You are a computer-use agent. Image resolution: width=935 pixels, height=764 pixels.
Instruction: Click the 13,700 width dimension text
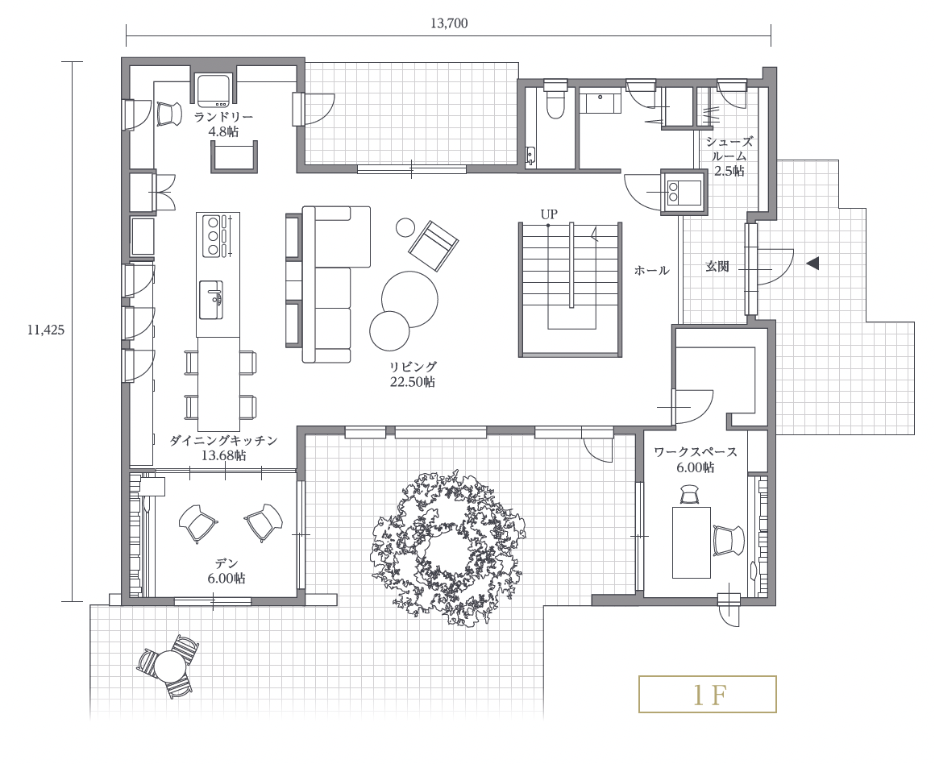448,23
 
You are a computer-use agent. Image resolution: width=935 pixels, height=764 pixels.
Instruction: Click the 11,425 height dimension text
45,330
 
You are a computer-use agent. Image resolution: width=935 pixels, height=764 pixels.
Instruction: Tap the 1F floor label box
707,694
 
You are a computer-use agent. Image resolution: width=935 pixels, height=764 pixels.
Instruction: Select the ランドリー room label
223,117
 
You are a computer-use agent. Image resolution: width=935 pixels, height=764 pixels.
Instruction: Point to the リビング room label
413,367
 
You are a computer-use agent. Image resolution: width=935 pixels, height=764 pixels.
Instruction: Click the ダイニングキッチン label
223,440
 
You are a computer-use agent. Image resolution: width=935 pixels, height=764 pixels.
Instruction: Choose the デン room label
226,563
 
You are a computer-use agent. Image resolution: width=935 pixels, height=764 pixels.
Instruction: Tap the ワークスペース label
696,452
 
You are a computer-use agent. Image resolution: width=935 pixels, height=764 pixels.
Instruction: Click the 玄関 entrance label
717,266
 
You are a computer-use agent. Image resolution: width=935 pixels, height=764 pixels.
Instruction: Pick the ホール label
651,270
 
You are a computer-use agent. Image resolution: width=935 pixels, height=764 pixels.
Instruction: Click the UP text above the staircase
549,214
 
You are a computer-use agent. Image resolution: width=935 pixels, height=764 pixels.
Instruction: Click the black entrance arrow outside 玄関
812,263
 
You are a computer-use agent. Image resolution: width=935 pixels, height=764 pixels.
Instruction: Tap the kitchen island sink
211,300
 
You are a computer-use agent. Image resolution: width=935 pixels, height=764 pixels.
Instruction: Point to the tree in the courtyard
448,547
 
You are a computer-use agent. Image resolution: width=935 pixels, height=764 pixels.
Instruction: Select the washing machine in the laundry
214,89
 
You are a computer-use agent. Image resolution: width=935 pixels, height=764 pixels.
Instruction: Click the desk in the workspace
691,542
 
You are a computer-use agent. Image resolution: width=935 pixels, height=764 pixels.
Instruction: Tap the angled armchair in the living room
434,245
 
